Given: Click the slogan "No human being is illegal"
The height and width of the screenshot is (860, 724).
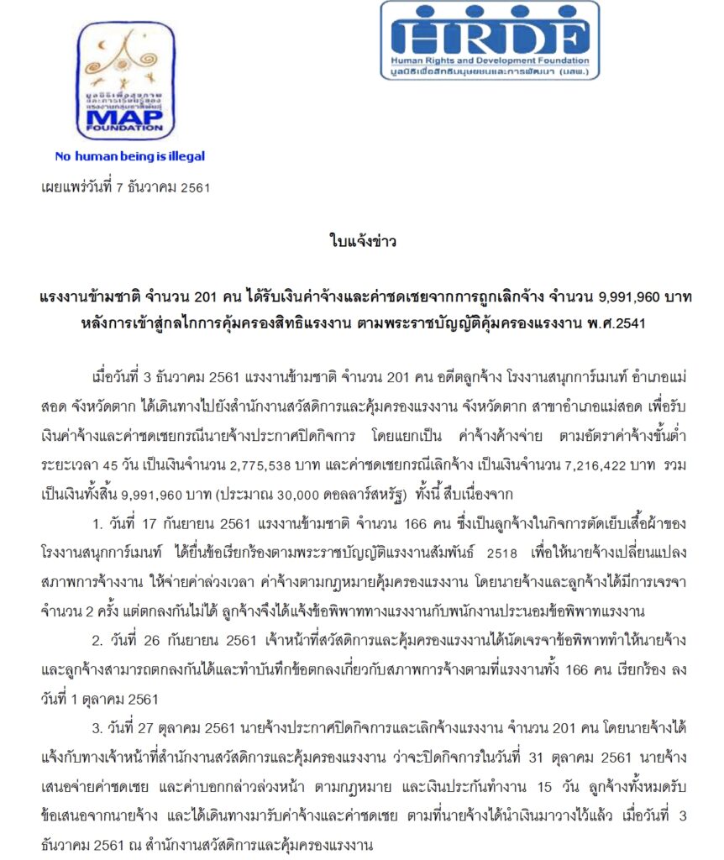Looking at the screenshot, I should (129, 156).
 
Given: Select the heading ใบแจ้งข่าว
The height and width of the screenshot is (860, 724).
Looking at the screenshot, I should (361, 243).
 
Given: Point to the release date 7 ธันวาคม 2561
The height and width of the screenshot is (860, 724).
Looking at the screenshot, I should (163, 187).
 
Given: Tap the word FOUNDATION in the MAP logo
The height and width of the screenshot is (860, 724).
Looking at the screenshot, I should (125, 128).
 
